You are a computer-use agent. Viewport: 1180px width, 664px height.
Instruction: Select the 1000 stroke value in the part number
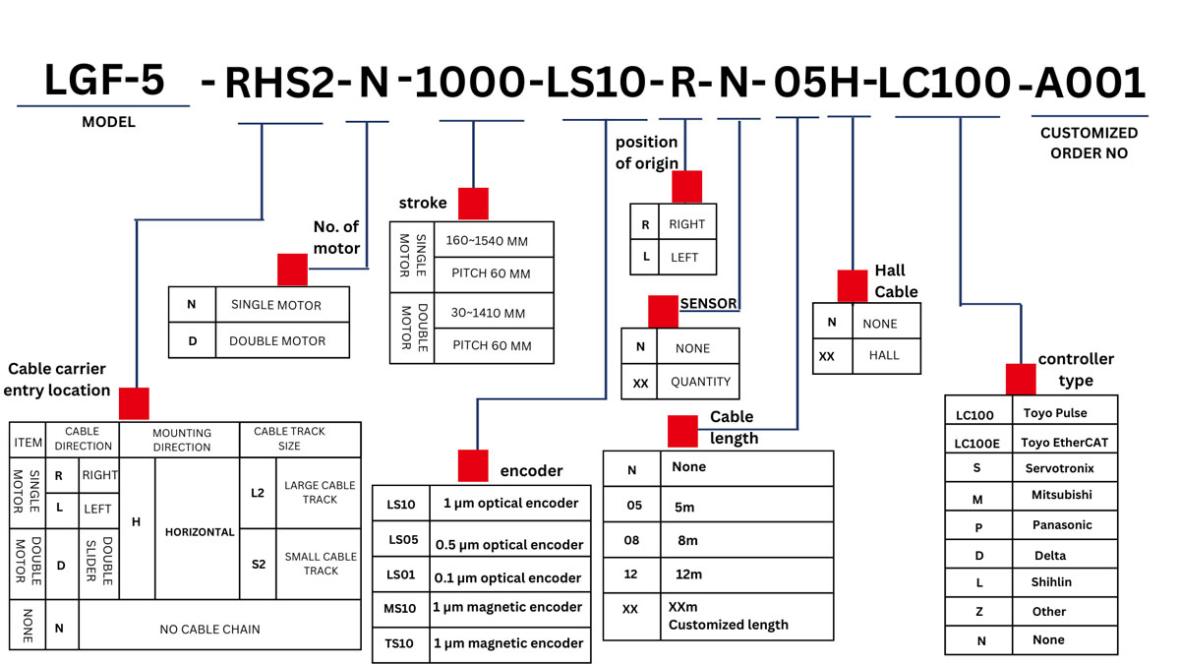pos(469,85)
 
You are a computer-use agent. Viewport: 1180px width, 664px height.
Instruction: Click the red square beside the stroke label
pos(473,203)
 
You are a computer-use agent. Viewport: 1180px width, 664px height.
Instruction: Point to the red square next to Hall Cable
pos(852,285)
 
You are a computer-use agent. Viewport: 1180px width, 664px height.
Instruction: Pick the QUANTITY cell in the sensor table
pos(700,382)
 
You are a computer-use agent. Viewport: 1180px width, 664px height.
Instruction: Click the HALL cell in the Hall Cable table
pos(884,355)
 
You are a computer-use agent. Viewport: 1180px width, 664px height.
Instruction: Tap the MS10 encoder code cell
pos(401,608)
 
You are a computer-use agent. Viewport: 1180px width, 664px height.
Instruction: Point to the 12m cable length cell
pos(688,574)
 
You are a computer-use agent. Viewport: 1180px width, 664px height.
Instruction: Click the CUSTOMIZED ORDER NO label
pos(1089,143)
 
